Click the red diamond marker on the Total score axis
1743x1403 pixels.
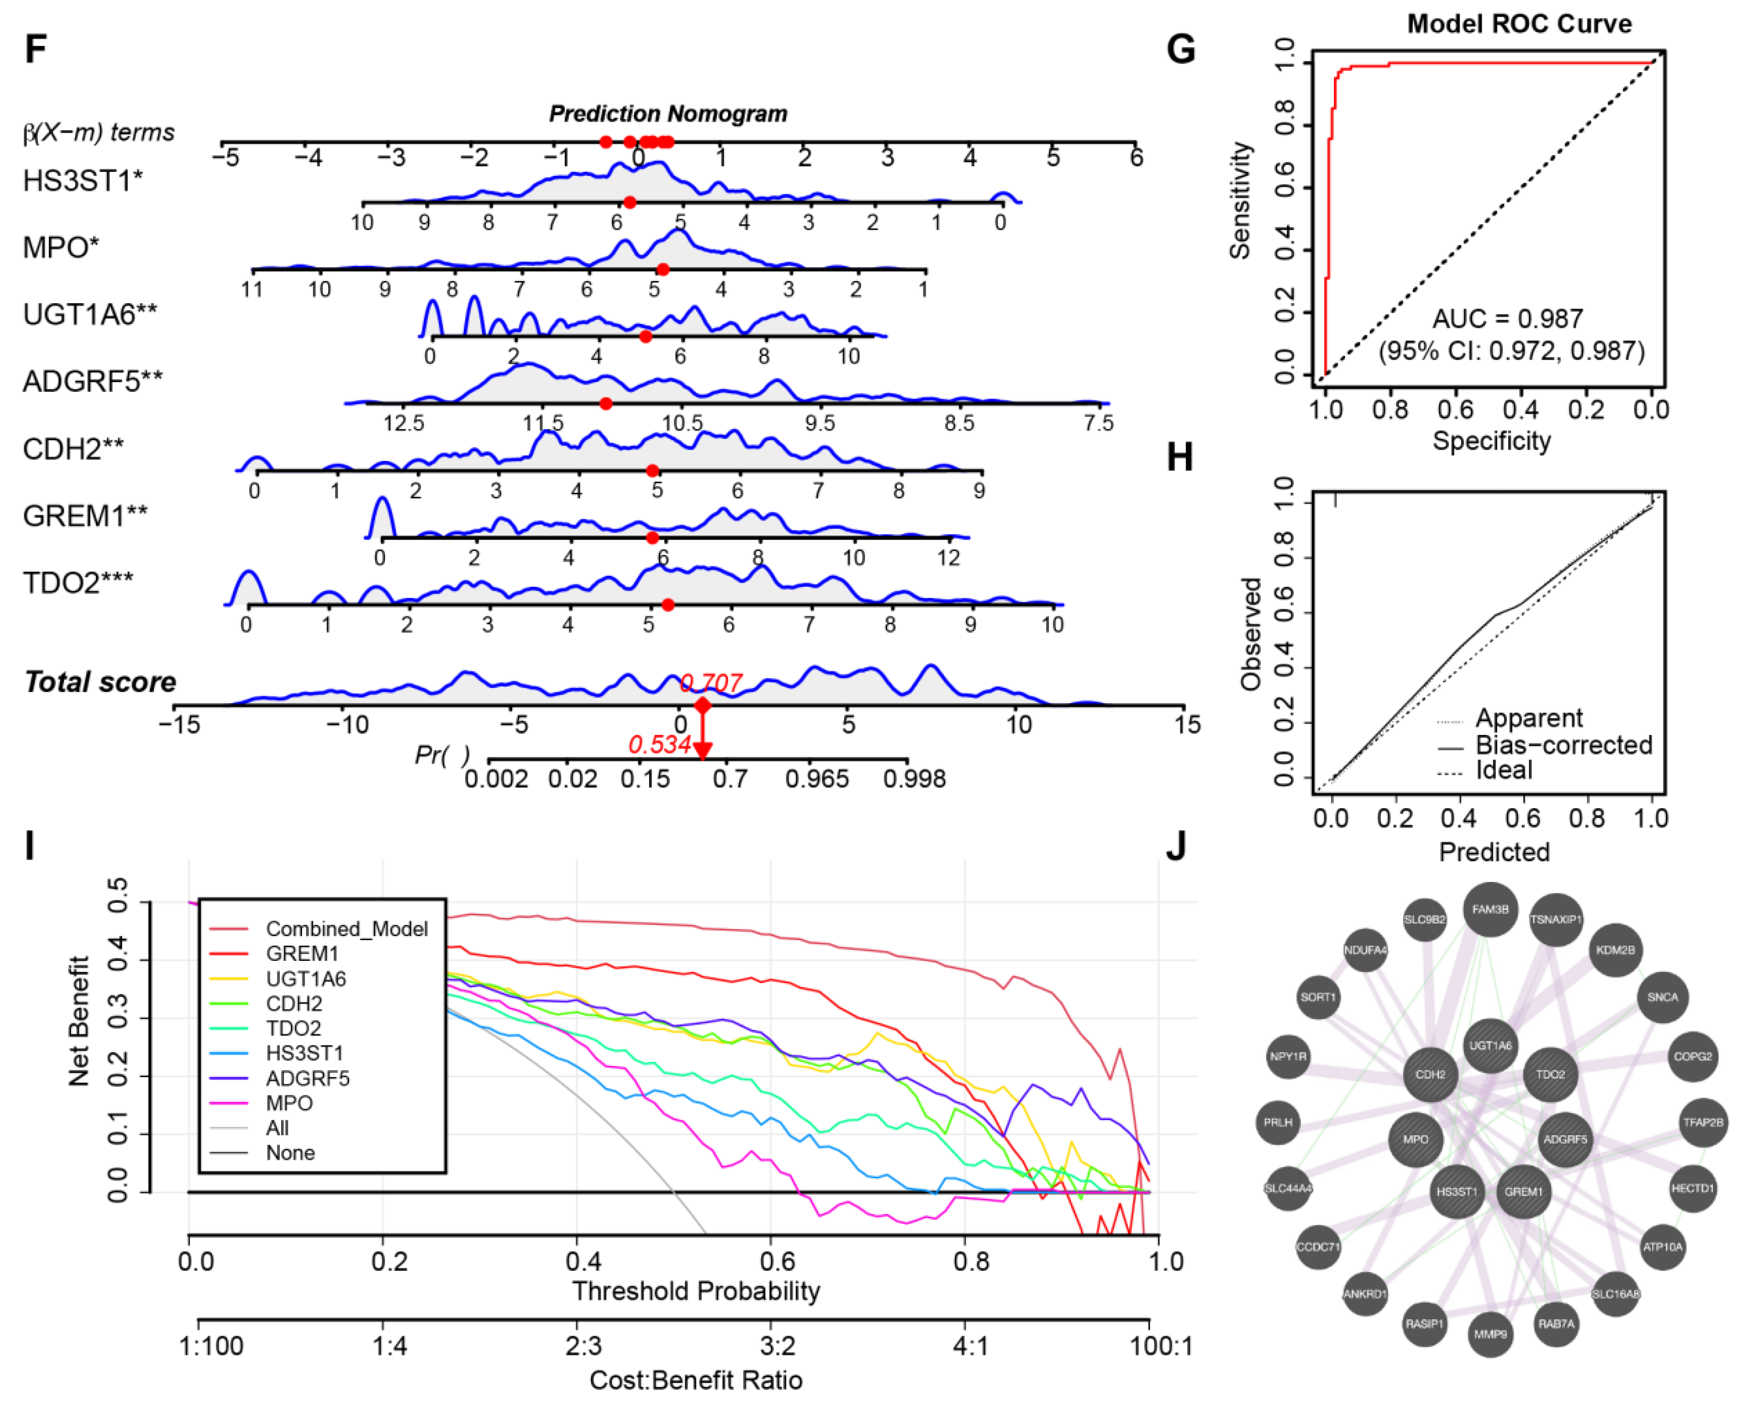[x=702, y=706]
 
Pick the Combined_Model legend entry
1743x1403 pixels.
[x=346, y=929]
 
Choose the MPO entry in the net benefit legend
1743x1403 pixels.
[x=289, y=1103]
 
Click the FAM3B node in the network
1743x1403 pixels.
[x=1490, y=910]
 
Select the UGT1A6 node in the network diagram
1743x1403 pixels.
[x=1490, y=1046]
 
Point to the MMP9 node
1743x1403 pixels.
[x=1490, y=1334]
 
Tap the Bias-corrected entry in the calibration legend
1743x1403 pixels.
[x=1563, y=744]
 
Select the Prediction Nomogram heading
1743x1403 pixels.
[x=668, y=114]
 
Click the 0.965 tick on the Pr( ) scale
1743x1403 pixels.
[x=817, y=779]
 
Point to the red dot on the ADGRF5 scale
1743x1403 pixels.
[x=606, y=403]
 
